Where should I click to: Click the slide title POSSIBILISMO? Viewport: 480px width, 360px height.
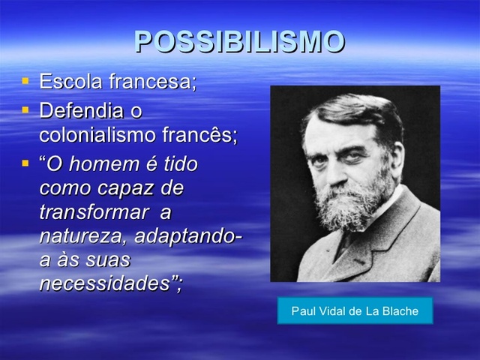[x=239, y=42]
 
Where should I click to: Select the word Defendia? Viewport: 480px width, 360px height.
[x=81, y=111]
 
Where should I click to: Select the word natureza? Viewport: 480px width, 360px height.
[x=82, y=236]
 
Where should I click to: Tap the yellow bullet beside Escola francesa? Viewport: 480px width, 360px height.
[x=25, y=79]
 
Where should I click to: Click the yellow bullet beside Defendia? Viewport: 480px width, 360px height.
[x=25, y=109]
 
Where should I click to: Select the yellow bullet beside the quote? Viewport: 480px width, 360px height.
[x=25, y=162]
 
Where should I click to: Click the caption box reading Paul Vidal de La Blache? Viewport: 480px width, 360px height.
[x=355, y=310]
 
